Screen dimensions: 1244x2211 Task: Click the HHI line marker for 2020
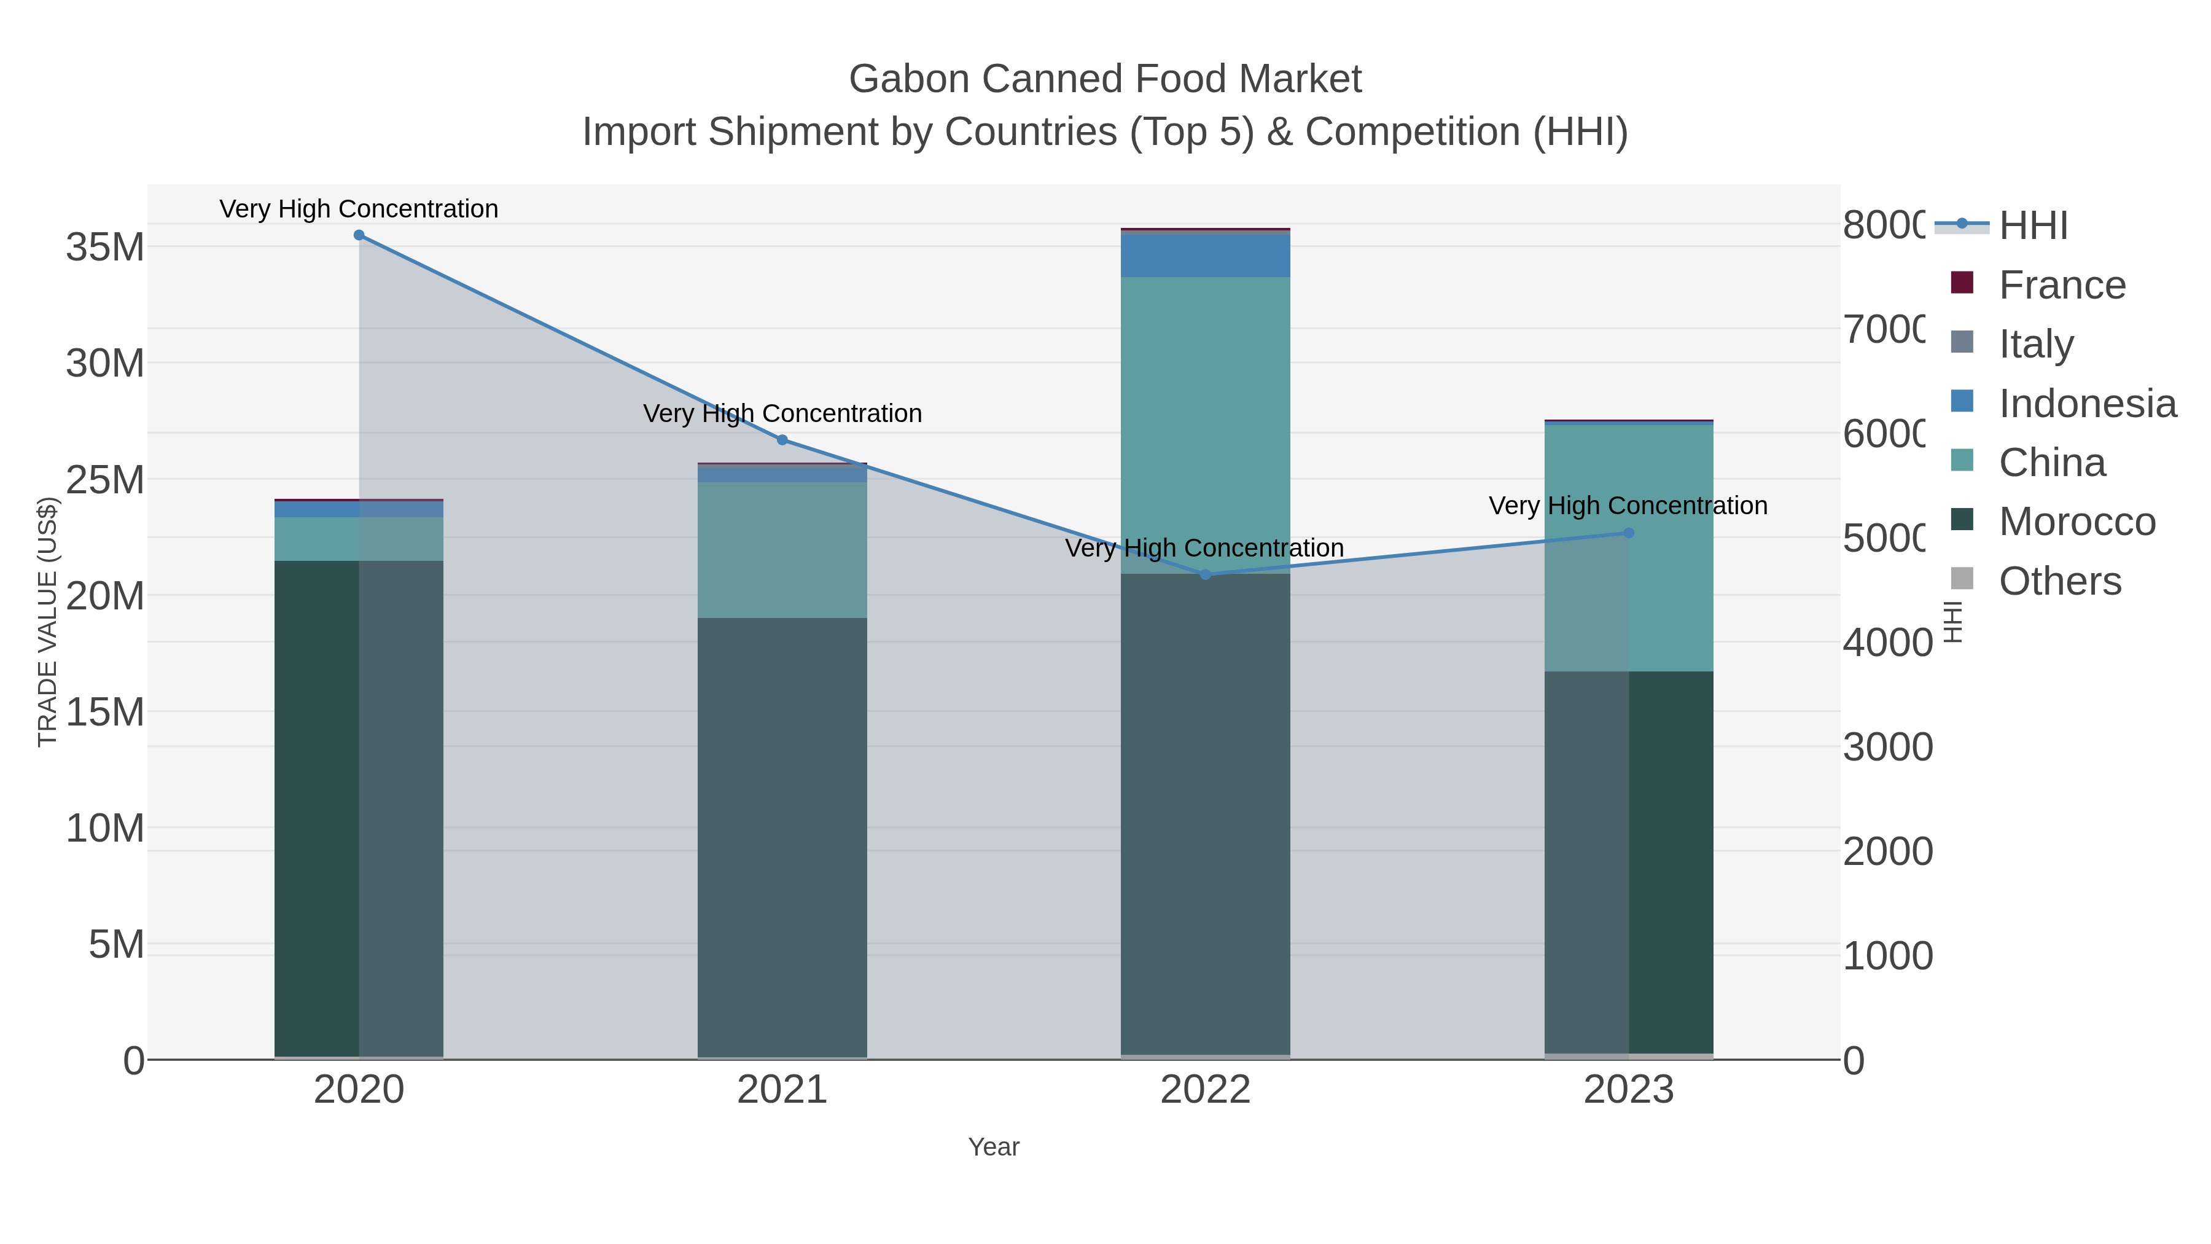(x=359, y=235)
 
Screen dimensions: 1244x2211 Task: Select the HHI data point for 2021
(x=782, y=440)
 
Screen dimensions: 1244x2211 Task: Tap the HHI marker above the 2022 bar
(x=1205, y=574)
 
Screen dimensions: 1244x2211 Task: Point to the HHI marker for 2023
(x=1629, y=533)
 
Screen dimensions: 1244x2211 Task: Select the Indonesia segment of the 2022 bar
(x=1205, y=256)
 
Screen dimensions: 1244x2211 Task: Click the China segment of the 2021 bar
(x=782, y=549)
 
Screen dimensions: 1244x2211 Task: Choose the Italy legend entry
(x=2036, y=344)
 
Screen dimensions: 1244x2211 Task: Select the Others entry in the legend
(x=2059, y=581)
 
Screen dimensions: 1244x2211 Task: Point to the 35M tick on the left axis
(x=104, y=247)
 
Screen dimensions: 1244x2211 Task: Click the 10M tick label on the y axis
(x=104, y=829)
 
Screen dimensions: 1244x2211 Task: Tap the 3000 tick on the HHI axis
(x=1887, y=747)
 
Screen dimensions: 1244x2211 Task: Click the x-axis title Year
(x=993, y=1147)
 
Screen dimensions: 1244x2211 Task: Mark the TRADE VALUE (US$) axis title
(x=47, y=622)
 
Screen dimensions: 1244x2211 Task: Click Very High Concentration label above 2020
(x=359, y=209)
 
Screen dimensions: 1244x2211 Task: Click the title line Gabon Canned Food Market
(x=1105, y=79)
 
